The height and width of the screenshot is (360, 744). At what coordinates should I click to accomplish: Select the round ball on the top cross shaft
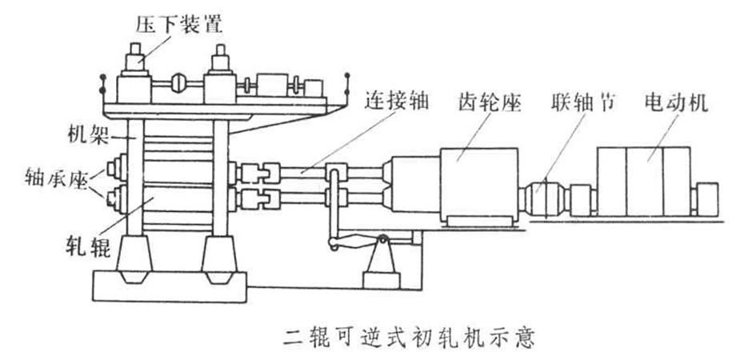178,82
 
